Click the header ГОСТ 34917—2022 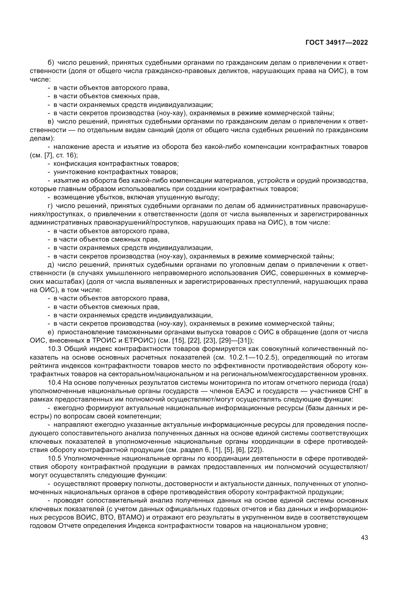point(336,42)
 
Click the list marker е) point(51,332)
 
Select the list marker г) point(50,206)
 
